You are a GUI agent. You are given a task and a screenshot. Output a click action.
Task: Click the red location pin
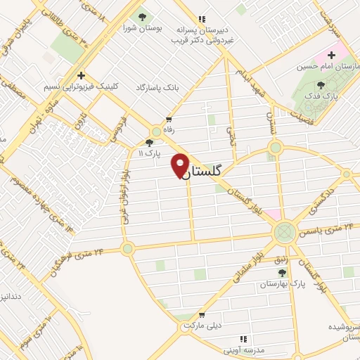(x=180, y=165)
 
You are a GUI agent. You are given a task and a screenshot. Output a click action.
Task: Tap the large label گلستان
(x=206, y=171)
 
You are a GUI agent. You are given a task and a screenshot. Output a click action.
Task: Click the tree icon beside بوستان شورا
(x=143, y=17)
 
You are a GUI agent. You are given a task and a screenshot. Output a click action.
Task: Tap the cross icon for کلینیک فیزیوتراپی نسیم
(x=82, y=75)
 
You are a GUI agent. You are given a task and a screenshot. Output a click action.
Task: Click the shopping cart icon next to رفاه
(x=169, y=119)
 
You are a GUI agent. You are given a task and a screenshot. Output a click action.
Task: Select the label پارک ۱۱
(x=149, y=152)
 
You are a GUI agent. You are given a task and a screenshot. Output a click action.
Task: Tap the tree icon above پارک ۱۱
(x=149, y=141)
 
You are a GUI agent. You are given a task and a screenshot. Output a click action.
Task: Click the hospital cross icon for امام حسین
(x=332, y=54)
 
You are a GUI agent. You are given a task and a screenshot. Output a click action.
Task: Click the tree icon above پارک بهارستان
(x=283, y=274)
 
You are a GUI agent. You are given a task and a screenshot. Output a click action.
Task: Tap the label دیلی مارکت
(x=201, y=327)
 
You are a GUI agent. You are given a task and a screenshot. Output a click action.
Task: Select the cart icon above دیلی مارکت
(x=202, y=316)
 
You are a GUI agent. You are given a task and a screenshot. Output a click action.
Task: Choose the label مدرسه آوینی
(x=244, y=350)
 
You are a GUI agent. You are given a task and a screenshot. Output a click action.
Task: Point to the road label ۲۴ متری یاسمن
(x=329, y=228)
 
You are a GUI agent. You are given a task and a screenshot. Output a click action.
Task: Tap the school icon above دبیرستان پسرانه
(x=202, y=19)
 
